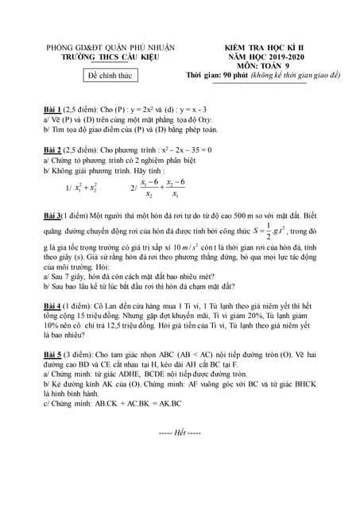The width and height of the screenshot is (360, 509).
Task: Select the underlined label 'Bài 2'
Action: [x=55, y=149]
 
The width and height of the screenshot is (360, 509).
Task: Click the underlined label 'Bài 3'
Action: [x=55, y=216]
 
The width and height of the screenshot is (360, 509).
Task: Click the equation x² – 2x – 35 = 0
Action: [x=207, y=149]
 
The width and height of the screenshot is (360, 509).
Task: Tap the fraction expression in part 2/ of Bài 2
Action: [x=160, y=188]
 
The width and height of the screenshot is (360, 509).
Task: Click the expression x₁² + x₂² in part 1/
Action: [x=86, y=188]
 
